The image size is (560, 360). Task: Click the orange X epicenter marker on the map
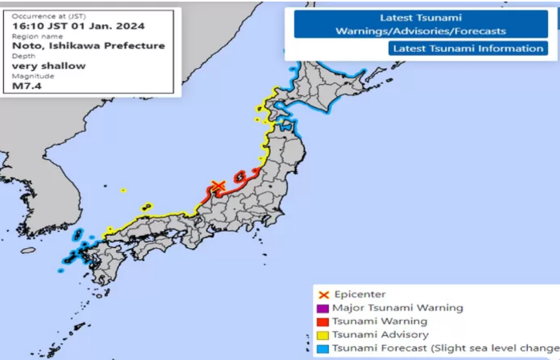pos(216,186)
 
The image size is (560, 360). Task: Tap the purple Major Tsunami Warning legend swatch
pos(323,308)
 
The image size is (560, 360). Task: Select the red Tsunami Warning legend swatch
pos(323,322)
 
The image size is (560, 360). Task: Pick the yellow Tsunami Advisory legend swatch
pos(323,334)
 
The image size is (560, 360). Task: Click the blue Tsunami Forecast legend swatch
pos(323,348)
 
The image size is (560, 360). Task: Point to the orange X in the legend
pos(323,294)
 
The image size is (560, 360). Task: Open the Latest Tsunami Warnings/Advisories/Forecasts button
pos(420,24)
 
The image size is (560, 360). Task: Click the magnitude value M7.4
pos(27,86)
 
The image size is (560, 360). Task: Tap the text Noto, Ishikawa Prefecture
pos(89,46)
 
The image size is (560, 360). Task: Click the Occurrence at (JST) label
pos(47,16)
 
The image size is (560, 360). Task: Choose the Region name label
pos(37,36)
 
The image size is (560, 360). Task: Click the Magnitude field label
pos(32,77)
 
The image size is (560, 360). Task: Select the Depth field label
pos(24,57)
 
